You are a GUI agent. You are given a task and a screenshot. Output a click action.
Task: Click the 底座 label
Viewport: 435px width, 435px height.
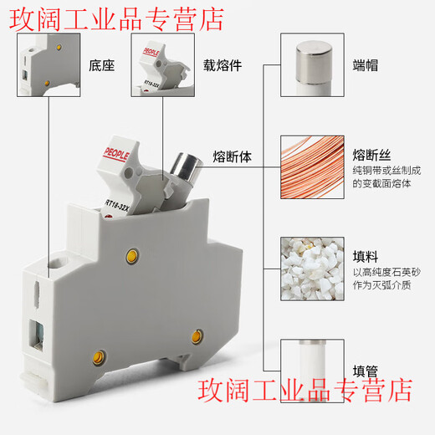pyautogui.click(x=101, y=64)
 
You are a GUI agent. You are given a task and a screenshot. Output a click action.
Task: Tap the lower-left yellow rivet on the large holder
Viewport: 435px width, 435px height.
pyautogui.click(x=100, y=358)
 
